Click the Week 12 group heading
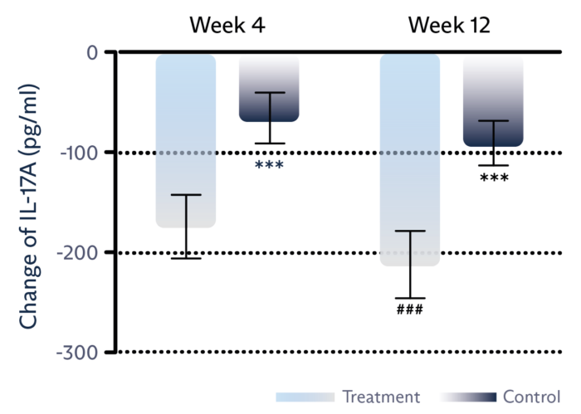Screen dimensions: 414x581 (x=449, y=25)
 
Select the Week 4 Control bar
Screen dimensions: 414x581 (x=269, y=87)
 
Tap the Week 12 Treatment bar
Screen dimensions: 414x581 (x=409, y=158)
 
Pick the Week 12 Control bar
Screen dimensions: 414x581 (x=493, y=100)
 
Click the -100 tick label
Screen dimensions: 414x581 (x=77, y=153)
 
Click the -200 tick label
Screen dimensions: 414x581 (x=77, y=252)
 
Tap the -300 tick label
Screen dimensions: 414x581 (x=77, y=353)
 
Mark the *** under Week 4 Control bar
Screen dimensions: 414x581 (x=269, y=166)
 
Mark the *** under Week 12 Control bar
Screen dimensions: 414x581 (x=494, y=178)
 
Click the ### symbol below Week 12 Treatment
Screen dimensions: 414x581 (x=410, y=310)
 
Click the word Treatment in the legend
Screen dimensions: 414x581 (x=382, y=397)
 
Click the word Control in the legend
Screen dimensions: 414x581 (x=531, y=397)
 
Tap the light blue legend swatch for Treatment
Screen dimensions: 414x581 (x=305, y=397)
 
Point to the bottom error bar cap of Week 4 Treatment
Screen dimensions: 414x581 (x=186, y=258)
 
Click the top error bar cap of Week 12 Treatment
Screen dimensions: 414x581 (x=410, y=231)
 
